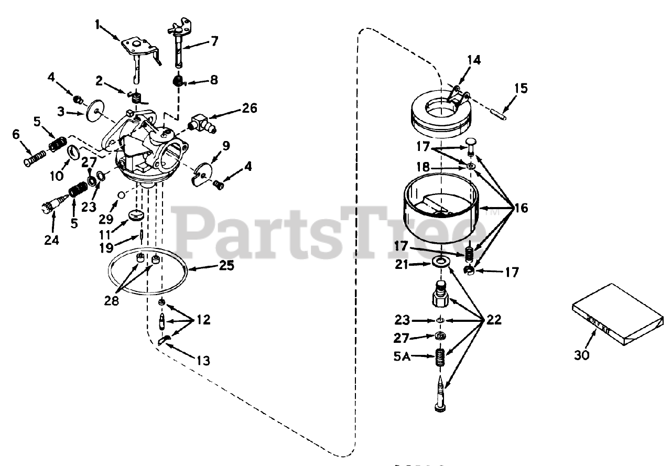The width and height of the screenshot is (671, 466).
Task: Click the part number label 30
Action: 581,355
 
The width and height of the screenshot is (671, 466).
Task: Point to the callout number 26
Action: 250,108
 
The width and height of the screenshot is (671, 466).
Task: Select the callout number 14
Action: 473,60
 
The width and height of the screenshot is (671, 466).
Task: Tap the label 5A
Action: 403,356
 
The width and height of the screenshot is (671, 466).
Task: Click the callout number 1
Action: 97,24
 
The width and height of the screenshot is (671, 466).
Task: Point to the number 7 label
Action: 214,41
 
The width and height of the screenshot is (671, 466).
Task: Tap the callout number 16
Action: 521,209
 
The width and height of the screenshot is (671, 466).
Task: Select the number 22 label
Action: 493,320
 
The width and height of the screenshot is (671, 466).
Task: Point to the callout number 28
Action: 112,301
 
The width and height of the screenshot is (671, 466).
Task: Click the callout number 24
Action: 52,240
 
